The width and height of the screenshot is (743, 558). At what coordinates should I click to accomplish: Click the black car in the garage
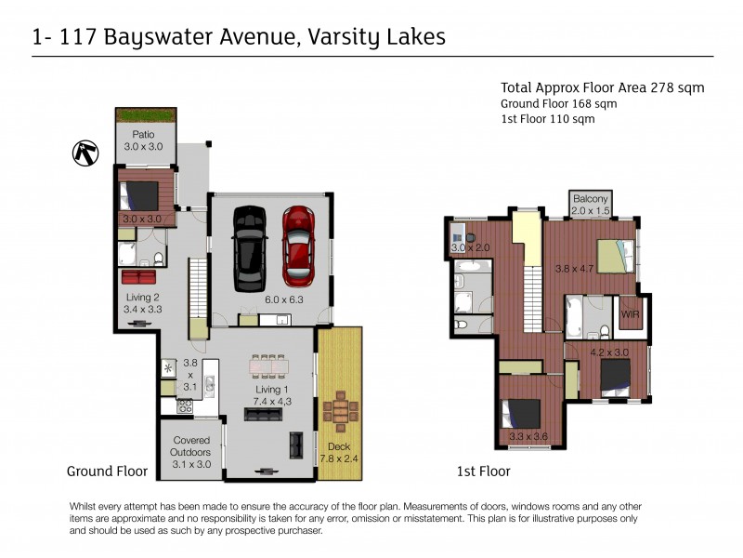248,247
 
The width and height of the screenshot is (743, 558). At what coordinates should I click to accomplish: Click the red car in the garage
299,247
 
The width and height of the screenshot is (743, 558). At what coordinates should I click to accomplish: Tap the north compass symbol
85,153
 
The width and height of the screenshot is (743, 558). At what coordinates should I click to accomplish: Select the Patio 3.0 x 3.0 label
143,140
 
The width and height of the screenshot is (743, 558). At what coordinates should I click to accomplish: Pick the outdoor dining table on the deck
340,408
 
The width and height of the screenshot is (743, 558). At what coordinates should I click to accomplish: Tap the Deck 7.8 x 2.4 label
339,451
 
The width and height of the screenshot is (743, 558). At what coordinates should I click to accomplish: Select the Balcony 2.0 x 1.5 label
590,205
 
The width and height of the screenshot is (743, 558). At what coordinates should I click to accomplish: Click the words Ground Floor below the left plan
107,472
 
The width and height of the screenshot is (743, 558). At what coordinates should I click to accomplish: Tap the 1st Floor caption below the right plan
483,472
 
